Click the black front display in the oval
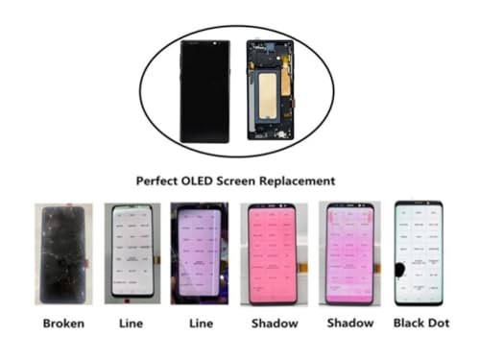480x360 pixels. coord(204,90)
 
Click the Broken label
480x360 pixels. coord(62,324)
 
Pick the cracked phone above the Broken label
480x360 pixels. coord(62,253)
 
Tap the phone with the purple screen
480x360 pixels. coord(199,253)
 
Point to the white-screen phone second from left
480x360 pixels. coord(132,253)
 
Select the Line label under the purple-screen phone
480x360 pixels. coord(199,324)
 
